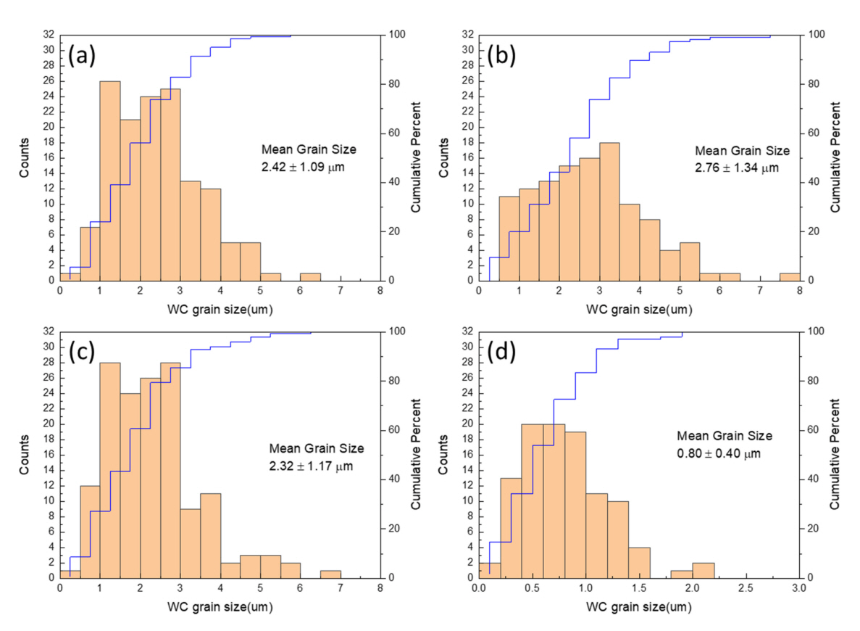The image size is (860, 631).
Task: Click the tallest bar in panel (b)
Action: click(x=609, y=211)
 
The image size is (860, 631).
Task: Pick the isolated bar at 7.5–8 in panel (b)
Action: click(x=790, y=276)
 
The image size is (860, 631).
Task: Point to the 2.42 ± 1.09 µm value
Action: click(x=308, y=166)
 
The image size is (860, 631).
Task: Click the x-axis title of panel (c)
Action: click(x=220, y=608)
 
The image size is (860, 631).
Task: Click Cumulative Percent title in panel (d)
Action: click(x=838, y=455)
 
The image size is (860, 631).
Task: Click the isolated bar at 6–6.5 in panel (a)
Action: click(x=310, y=276)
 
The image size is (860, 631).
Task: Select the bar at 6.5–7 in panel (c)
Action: click(x=330, y=574)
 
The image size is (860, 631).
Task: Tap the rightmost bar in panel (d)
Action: click(x=703, y=570)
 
